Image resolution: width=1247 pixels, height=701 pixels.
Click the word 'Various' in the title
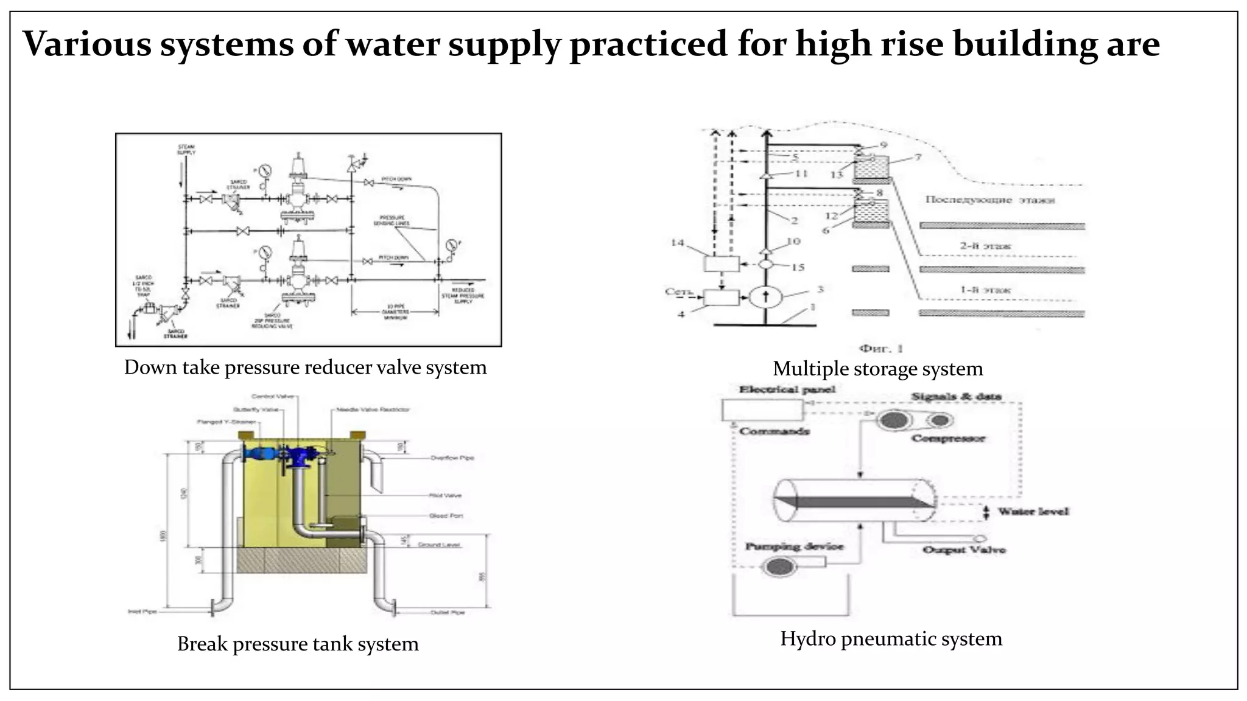coord(86,44)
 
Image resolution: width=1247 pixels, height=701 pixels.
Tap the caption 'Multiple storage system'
coord(877,369)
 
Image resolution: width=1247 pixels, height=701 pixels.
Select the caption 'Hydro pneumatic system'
coord(891,639)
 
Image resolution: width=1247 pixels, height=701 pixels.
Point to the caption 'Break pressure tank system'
coord(298,644)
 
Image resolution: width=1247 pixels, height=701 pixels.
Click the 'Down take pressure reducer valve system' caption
coord(305,368)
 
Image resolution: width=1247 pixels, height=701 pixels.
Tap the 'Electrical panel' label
coord(787,389)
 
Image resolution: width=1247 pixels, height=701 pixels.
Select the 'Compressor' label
coord(947,438)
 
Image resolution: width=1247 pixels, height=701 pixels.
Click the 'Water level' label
coord(1033,511)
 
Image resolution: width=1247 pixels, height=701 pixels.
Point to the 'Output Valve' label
coord(964,550)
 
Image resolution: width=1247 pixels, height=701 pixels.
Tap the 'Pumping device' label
coord(795,546)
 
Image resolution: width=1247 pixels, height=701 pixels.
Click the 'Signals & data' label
coord(956,397)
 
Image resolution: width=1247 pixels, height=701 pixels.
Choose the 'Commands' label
coord(775,431)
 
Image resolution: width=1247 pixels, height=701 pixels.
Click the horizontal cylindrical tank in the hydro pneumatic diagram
coord(855,500)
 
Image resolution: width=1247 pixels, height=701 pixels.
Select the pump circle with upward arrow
coord(766,297)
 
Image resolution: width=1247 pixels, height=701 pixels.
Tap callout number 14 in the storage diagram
coord(678,243)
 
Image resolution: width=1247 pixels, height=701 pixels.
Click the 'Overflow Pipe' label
coord(452,458)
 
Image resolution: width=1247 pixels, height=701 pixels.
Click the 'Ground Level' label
coord(439,545)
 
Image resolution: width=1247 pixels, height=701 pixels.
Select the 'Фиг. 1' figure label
coord(880,349)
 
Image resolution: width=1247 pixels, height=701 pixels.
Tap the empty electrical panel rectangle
coord(762,410)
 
